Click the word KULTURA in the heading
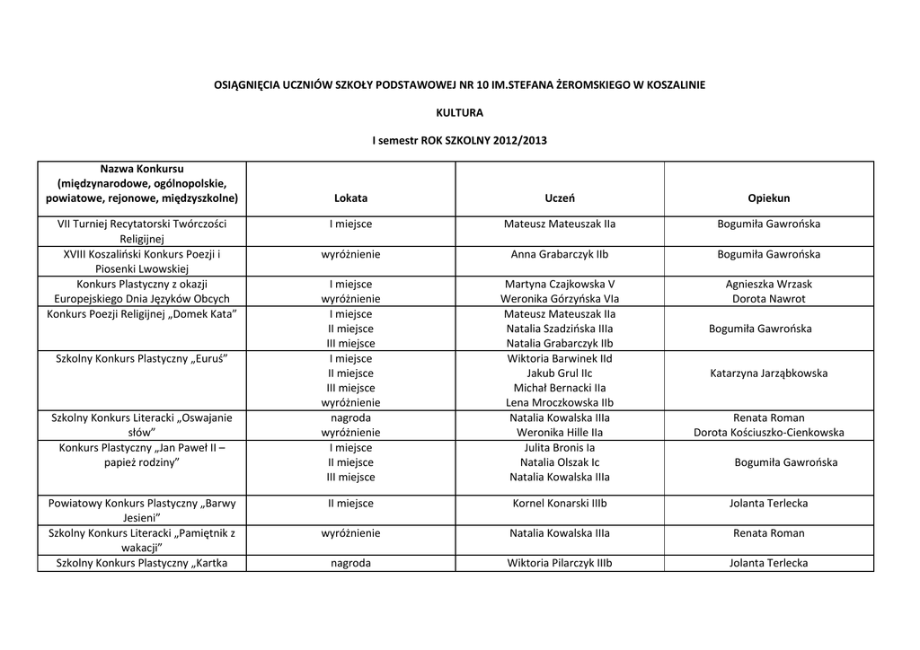coord(459,113)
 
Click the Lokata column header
coord(350,198)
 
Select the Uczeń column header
coord(560,198)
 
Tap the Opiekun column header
coord(768,198)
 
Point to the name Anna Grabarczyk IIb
coord(560,254)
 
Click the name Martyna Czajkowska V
coord(560,284)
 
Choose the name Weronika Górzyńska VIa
coord(560,299)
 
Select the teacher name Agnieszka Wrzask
coord(768,284)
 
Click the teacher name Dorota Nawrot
coord(768,299)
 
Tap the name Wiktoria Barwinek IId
coord(560,358)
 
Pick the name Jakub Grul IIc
coord(560,373)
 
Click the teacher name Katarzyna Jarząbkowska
coord(768,373)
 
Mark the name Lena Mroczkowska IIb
coord(560,403)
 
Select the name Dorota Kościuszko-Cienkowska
coord(768,433)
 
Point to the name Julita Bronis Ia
coord(560,447)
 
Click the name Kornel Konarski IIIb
coord(560,504)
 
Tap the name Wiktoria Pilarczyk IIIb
coord(560,564)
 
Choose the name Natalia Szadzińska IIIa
coord(560,329)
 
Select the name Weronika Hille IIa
coord(560,433)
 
